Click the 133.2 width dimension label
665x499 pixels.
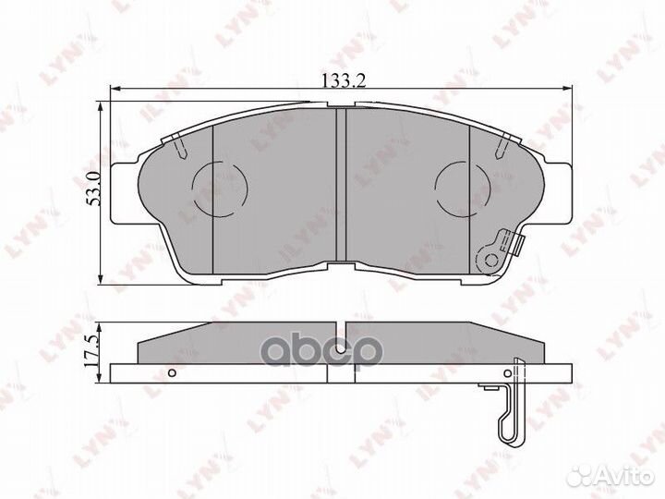click(x=344, y=80)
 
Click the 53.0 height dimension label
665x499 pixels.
click(x=93, y=189)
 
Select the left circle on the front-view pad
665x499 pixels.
click(x=219, y=189)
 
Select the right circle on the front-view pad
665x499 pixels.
click(x=463, y=189)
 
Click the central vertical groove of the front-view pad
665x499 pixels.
click(x=341, y=185)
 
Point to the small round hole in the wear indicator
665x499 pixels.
click(x=491, y=260)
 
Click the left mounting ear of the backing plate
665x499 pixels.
click(x=125, y=193)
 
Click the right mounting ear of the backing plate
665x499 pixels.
click(x=557, y=193)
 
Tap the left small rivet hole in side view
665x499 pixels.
click(x=172, y=373)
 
